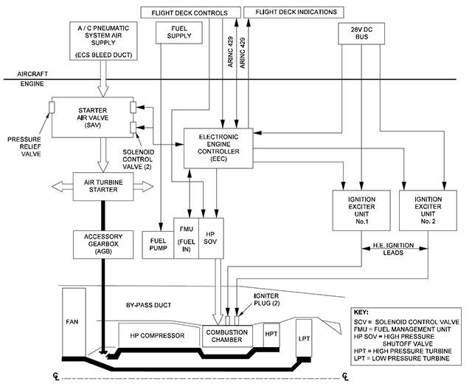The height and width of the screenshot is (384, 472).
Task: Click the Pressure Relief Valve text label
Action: click(24, 147)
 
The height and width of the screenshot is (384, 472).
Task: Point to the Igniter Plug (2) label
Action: click(267, 300)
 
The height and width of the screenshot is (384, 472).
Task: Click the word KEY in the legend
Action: click(361, 312)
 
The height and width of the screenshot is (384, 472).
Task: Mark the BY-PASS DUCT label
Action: click(148, 305)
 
